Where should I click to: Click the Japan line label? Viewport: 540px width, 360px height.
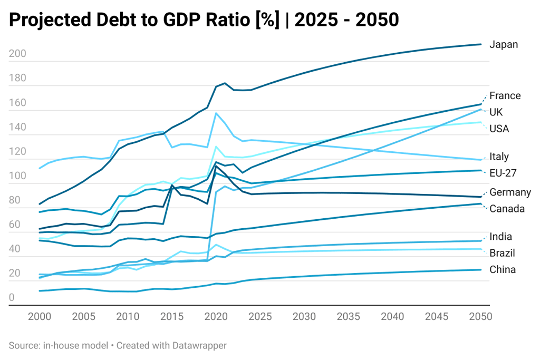pos(504,45)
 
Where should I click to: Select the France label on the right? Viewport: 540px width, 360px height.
pos(505,96)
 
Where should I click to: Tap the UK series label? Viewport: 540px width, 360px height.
pos(496,112)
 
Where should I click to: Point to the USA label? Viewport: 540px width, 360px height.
pos(499,129)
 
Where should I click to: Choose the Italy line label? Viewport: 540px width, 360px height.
pos(499,157)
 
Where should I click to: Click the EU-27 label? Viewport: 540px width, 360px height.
pos(503,173)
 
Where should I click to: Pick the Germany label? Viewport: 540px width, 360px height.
pos(510,192)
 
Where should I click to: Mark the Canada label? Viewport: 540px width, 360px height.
pos(507,209)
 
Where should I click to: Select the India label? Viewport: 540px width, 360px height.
pos(500,237)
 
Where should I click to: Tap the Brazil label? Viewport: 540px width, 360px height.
pos(502,253)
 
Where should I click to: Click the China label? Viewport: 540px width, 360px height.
pos(502,270)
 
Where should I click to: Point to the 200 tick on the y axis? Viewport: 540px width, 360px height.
pos(17,54)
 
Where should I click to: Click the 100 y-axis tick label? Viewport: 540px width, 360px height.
pos(17,176)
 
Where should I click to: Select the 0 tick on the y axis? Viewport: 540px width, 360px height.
pos(12,298)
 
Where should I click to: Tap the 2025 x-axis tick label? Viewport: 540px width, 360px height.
pos(259,317)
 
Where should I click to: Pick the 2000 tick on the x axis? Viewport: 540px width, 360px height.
pos(40,317)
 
